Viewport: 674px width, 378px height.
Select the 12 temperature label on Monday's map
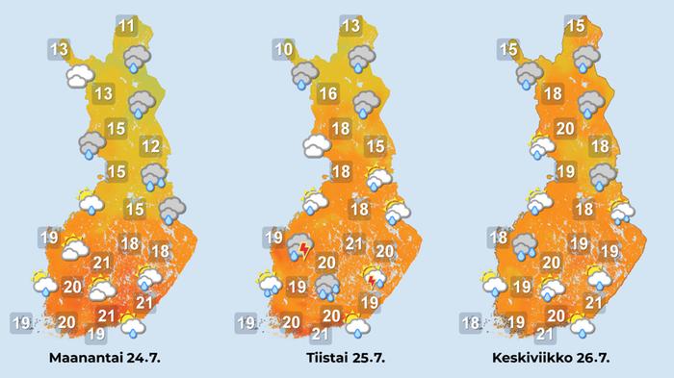click(x=150, y=146)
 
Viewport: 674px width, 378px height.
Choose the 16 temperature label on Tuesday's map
click(x=327, y=94)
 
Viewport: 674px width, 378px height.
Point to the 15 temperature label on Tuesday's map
click(x=376, y=146)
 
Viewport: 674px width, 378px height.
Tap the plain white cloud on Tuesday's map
click(x=317, y=145)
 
